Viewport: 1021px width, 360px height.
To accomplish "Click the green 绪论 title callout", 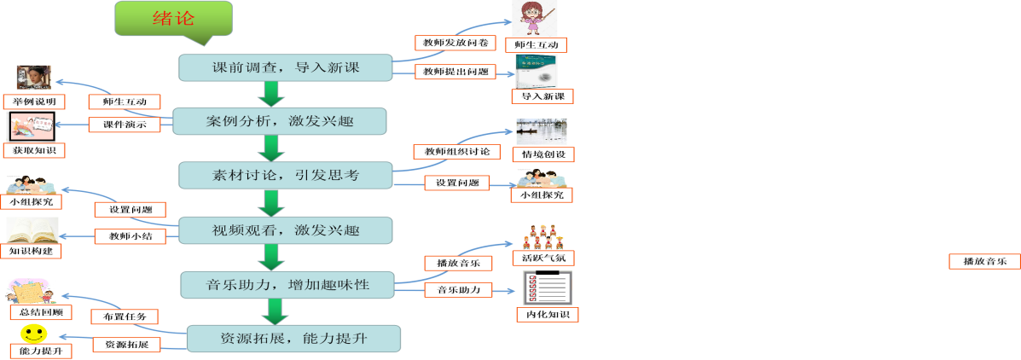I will click(173, 19).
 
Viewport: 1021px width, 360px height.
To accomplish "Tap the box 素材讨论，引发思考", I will click(285, 175).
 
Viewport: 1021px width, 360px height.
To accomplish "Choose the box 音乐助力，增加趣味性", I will click(287, 283).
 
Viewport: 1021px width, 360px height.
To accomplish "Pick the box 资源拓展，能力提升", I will click(293, 339).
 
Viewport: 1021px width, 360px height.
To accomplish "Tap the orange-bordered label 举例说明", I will click(34, 102).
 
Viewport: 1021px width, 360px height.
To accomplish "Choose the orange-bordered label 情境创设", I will click(542, 154).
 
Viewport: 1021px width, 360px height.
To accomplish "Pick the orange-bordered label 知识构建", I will click(35, 251).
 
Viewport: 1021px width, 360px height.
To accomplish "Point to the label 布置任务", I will click(125, 316).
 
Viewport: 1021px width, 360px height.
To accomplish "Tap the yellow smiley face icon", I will click(33, 333).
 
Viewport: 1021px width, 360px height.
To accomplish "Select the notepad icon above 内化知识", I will click(546, 288).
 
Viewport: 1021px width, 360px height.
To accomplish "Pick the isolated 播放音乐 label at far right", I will click(984, 261).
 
